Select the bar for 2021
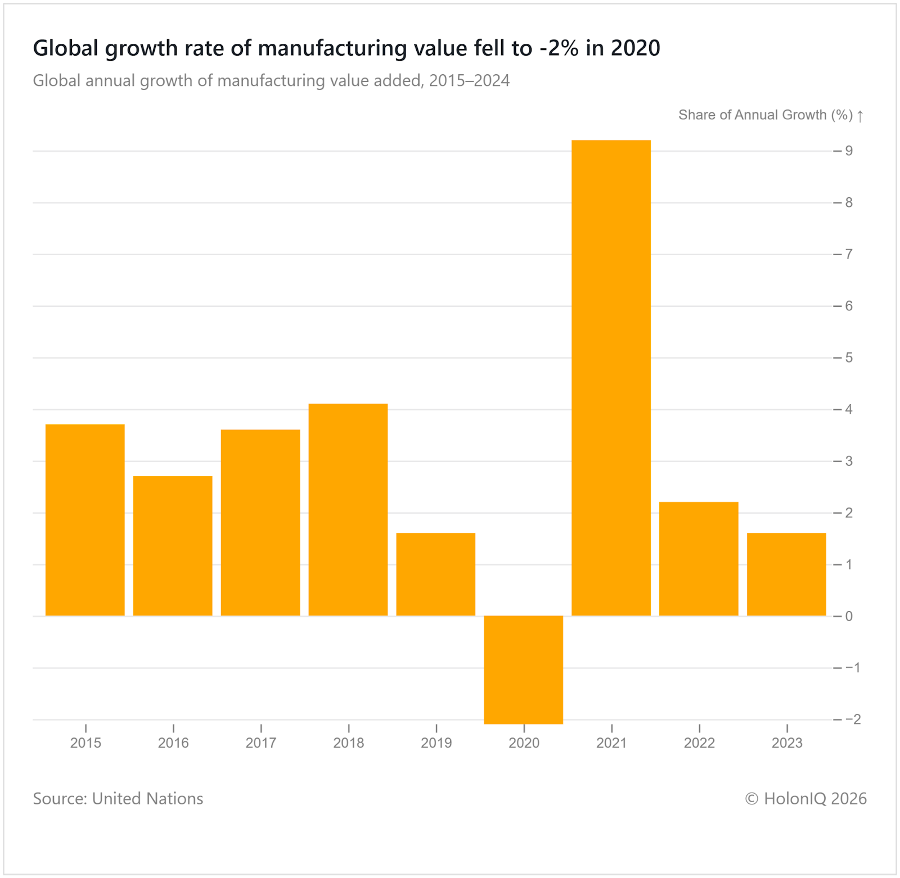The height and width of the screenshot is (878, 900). [x=611, y=378]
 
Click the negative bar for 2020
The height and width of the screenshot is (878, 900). [x=523, y=669]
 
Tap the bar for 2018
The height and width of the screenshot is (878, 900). [x=348, y=509]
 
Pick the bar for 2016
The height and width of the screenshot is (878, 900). [x=173, y=546]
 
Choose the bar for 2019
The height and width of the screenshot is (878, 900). [x=436, y=574]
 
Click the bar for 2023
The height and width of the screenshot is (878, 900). [x=786, y=574]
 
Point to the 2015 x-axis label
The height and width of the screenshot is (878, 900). [x=85, y=743]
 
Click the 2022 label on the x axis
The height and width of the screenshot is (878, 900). [x=699, y=743]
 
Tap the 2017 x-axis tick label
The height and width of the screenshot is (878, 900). [x=261, y=743]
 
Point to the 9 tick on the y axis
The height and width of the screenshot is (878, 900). [x=849, y=151]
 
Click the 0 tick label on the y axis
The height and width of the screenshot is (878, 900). [x=849, y=616]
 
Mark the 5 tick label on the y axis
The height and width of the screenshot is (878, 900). [x=849, y=357]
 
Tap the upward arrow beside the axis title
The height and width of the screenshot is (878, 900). [x=860, y=116]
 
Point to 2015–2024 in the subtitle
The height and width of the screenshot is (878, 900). [x=469, y=81]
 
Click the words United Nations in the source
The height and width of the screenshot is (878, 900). [x=147, y=798]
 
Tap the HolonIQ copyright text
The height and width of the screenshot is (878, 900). [x=805, y=798]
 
